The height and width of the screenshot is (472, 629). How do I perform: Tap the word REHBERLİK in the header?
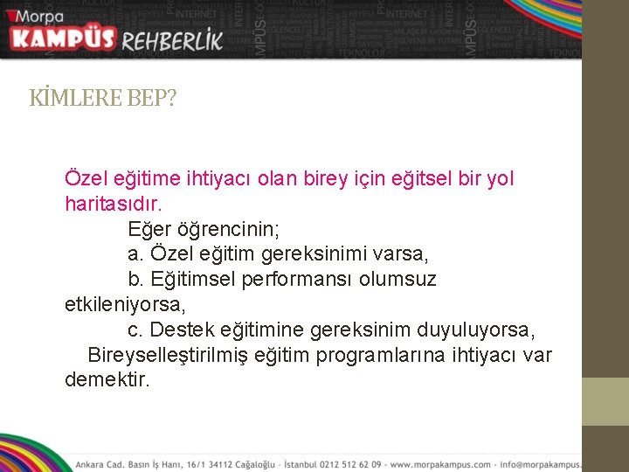173,40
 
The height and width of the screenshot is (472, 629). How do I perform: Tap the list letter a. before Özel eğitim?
135,254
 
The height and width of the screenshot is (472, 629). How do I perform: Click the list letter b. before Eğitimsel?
135,280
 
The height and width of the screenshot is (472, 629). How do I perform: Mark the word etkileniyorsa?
125,305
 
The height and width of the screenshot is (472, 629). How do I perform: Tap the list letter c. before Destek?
135,330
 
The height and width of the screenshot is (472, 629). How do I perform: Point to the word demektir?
107,381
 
